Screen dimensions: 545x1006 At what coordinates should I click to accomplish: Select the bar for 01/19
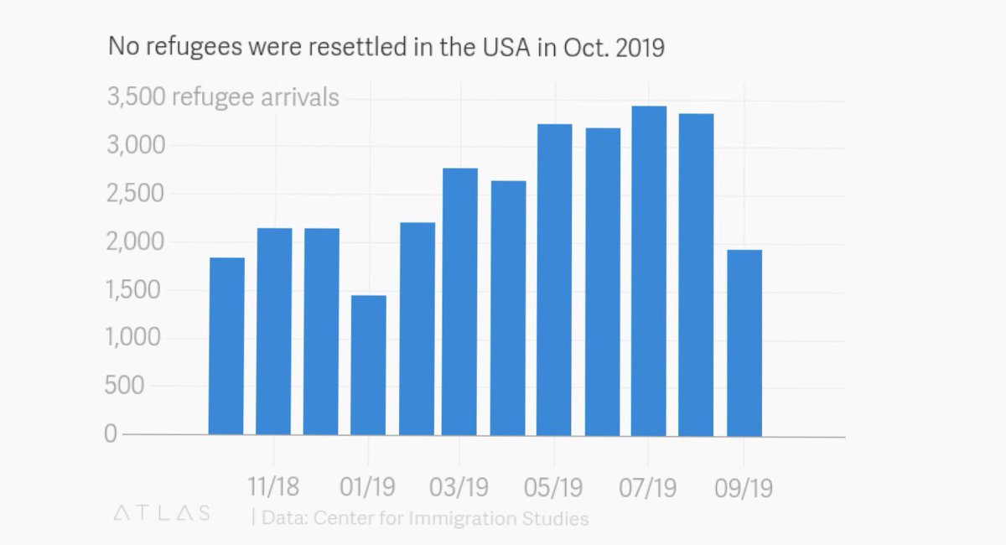pos(369,365)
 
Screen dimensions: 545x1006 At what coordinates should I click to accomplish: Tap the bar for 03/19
pos(460,302)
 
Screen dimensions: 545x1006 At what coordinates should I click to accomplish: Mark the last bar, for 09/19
pos(744,343)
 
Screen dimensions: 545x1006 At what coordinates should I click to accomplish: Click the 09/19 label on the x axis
pos(743,485)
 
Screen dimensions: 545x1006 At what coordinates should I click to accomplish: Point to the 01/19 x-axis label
pos(367,485)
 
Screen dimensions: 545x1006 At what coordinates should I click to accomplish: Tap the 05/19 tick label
pos(554,485)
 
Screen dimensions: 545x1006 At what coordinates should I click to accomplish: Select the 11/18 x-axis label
pos(273,485)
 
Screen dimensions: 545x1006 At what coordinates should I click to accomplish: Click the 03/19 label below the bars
pos(459,485)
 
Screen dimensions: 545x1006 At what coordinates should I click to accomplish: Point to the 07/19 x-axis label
pos(648,485)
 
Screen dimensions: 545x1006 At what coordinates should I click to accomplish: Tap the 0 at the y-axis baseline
pos(110,434)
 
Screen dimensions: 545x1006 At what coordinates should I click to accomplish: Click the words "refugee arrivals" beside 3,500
pos(255,98)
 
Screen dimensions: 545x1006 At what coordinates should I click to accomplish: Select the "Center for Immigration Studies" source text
pos(451,518)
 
